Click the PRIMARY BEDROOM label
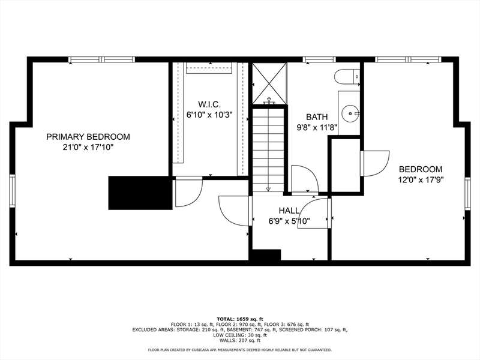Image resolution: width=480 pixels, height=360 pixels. (88, 137)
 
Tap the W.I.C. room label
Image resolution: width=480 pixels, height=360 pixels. (209, 104)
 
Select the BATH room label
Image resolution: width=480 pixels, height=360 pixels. (317, 117)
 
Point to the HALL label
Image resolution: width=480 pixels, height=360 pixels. (289, 211)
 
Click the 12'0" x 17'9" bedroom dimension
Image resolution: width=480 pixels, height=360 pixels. (421, 179)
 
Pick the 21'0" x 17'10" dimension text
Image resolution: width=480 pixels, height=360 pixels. (88, 147)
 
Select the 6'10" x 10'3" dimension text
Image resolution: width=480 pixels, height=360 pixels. (209, 115)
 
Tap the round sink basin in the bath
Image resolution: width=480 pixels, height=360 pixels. (350, 113)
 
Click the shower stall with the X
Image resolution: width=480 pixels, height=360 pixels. (269, 83)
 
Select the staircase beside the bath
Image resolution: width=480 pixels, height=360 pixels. (268, 150)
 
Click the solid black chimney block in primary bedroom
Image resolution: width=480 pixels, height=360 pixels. (140, 193)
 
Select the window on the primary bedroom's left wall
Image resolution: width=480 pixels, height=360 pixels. (12, 190)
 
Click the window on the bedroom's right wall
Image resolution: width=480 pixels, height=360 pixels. (467, 193)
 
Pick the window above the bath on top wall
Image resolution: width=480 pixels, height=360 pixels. (319, 59)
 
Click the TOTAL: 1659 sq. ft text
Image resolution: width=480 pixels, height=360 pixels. (239, 319)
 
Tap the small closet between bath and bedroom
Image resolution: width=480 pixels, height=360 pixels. (346, 166)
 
